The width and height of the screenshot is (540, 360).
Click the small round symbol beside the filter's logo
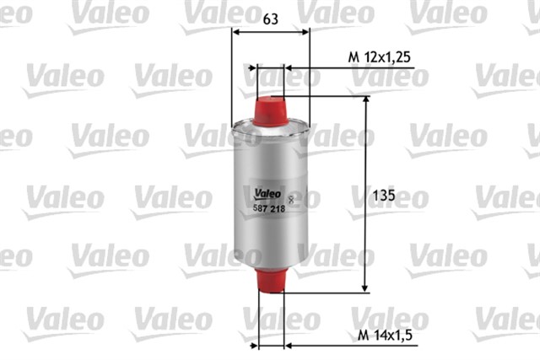(291, 199)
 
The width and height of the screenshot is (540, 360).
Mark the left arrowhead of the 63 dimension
(235, 32)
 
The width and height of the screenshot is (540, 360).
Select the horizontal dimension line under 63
(270, 32)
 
